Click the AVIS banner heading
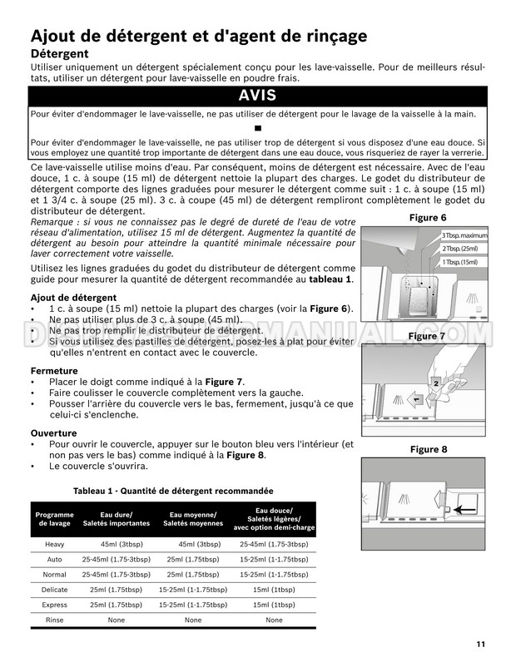257,96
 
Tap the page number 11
482,643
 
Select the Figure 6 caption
428,218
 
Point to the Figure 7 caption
428,336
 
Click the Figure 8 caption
428,449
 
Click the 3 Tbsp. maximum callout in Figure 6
464,235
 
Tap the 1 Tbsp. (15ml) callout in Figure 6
459,262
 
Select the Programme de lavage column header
55,519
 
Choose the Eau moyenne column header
192,519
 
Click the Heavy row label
55,544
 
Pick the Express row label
55,605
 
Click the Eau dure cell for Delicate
116,590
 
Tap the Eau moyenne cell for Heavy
192,544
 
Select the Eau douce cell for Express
274,605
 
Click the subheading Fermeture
54,370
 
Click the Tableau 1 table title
173,491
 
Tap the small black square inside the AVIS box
257,130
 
